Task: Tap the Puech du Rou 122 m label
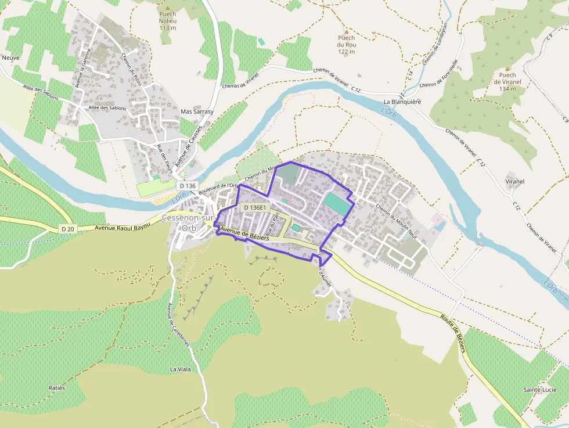click(347, 45)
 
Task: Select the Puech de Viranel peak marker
click(507, 69)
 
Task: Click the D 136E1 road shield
click(255, 207)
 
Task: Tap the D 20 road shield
click(68, 229)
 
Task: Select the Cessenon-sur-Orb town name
click(189, 222)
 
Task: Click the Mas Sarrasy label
click(197, 112)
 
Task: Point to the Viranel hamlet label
click(514, 181)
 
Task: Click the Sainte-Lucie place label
click(541, 389)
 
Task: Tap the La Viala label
click(180, 369)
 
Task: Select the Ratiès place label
click(57, 387)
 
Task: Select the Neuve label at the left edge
click(11, 58)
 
